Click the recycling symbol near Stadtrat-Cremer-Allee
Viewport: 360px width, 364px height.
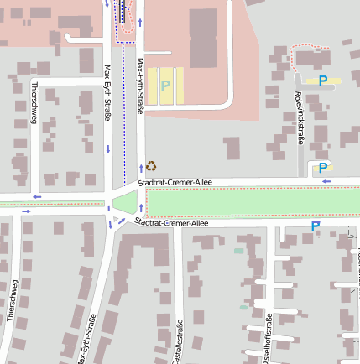pos(151,166)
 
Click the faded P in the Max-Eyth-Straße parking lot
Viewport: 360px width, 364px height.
pos(165,86)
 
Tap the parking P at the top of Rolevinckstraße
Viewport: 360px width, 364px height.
pos(323,81)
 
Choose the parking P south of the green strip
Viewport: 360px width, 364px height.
pos(316,226)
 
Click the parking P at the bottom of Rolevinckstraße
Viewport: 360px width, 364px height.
pos(323,169)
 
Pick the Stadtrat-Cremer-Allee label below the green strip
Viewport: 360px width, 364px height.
pos(171,223)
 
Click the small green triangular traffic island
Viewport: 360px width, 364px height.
pos(125,201)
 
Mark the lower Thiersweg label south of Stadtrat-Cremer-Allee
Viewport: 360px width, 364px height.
pos(12,299)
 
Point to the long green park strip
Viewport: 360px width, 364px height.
pos(252,201)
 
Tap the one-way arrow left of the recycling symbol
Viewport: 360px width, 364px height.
pos(141,167)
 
